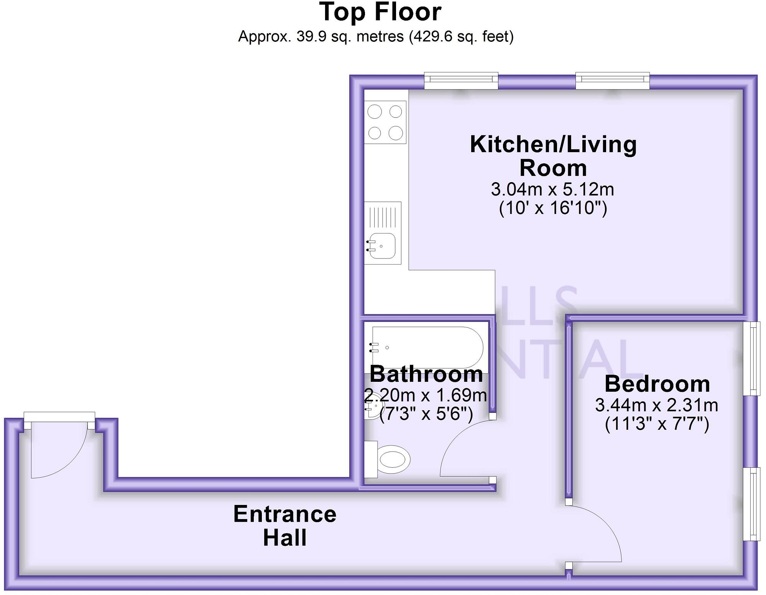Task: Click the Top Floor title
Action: point(380,12)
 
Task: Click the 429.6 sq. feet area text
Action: point(461,37)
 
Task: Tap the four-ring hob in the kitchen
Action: point(385,122)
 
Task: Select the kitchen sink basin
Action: point(382,246)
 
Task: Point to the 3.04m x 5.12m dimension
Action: point(552,189)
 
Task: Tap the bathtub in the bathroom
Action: point(427,347)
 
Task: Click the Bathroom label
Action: point(426,374)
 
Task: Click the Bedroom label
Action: point(657,384)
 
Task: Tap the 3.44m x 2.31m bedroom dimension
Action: point(656,405)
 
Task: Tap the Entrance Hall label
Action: point(284,526)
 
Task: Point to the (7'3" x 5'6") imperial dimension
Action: point(426,414)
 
